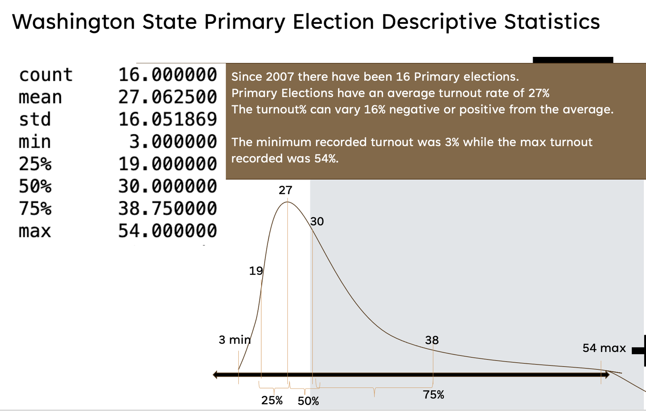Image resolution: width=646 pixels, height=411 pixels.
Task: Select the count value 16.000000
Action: click(x=168, y=75)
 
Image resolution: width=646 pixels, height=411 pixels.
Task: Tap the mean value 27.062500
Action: click(x=168, y=97)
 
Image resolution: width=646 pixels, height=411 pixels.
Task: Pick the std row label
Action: click(x=35, y=119)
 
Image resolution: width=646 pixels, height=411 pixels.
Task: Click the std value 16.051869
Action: click(x=168, y=119)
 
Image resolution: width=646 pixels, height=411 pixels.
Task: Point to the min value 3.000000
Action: click(x=173, y=141)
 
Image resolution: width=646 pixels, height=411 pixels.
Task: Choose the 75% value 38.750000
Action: click(x=168, y=209)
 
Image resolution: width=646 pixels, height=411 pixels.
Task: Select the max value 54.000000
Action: click(x=168, y=231)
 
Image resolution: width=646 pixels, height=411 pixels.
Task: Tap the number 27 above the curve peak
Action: click(x=285, y=190)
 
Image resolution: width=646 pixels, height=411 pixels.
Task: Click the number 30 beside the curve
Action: click(x=317, y=221)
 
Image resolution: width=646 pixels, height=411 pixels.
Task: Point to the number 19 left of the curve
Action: click(x=256, y=271)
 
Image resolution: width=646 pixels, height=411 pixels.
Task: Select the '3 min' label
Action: click(x=234, y=340)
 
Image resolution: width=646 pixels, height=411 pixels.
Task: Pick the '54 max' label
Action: click(x=604, y=348)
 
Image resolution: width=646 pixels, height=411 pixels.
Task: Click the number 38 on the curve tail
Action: click(x=432, y=340)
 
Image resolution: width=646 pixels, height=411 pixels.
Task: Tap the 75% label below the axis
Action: click(x=433, y=395)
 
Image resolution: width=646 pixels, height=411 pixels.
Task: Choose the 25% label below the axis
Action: click(x=272, y=400)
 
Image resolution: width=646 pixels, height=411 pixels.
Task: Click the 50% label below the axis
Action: click(x=308, y=401)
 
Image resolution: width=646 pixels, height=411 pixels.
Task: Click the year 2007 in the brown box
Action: click(x=280, y=77)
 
